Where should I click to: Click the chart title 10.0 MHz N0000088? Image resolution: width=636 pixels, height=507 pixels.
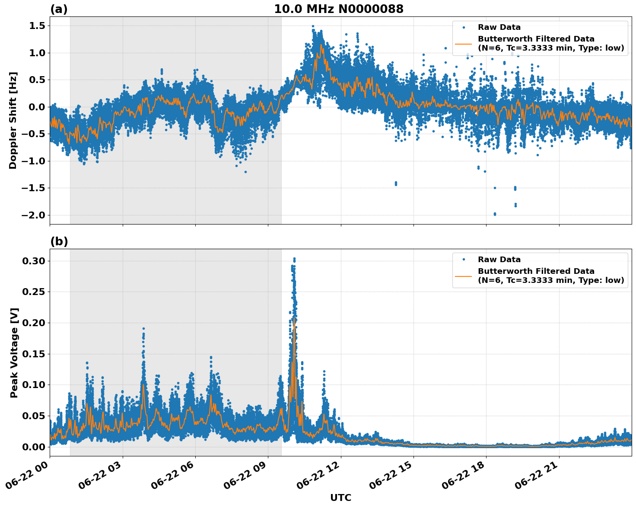coord(338,9)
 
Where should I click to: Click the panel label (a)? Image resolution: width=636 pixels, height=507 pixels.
coord(59,9)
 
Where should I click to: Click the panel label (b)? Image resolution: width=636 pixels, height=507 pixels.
coord(59,241)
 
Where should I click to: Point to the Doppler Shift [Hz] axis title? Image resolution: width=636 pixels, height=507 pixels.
coord(13,120)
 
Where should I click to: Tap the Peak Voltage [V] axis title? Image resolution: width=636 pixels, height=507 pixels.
coord(14,353)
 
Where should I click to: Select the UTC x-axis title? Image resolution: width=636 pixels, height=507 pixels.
coord(340,497)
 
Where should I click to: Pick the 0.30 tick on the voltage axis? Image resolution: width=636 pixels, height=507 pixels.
coord(34,261)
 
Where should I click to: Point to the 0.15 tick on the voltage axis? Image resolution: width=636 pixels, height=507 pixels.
coord(34,354)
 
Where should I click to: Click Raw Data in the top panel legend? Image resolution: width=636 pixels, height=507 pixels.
coord(499,27)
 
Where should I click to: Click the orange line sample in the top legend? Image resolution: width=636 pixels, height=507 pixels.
coord(463,44)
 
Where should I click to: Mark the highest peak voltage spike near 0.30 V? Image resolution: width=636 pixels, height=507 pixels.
coord(294,259)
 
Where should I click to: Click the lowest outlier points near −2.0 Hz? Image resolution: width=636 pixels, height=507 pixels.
coord(495,214)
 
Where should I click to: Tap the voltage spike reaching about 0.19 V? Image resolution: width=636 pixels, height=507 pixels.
coord(143,329)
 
